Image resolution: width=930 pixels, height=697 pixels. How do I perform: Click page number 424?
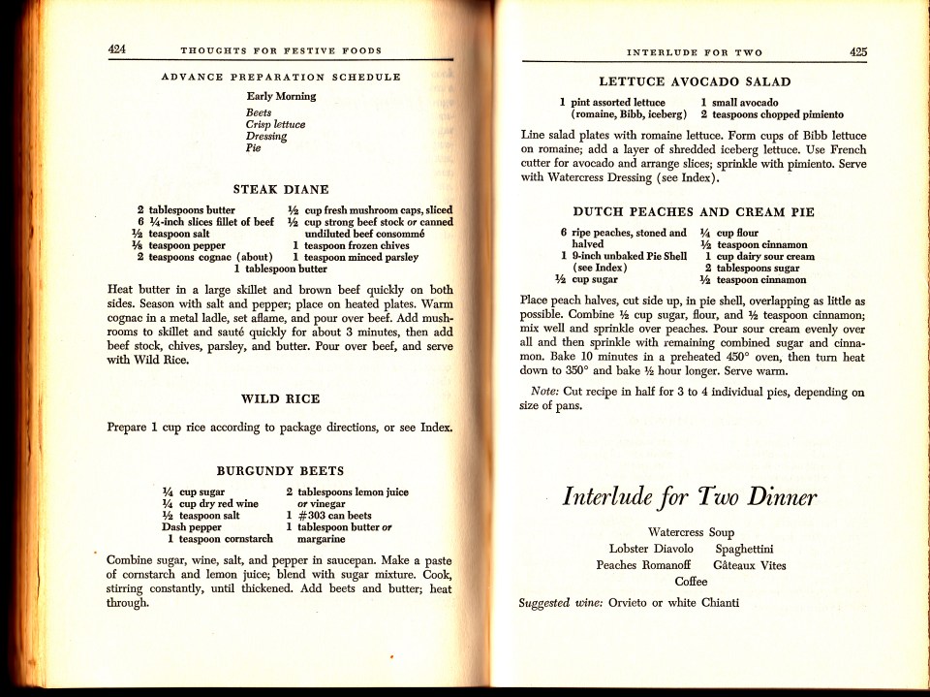118,49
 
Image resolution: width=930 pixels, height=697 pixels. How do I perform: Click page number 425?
858,52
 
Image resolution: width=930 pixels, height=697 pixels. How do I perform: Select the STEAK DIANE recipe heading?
281,189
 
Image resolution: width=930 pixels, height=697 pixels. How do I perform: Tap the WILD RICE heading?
280,398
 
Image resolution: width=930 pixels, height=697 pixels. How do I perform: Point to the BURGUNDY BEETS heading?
280,470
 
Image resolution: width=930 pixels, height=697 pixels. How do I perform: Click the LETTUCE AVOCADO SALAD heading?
695,82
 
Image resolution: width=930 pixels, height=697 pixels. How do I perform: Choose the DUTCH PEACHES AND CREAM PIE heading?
694,211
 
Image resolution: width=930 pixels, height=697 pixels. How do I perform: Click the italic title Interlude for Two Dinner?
690,498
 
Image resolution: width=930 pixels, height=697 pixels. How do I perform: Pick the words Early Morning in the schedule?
281,97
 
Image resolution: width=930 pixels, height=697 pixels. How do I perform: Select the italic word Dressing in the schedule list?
266,137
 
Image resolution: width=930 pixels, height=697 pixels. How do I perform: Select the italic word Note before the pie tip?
542,392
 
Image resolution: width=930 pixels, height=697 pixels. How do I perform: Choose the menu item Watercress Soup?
691,532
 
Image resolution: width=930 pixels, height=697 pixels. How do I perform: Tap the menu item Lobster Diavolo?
644,549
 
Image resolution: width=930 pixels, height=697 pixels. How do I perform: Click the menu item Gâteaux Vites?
750,565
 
